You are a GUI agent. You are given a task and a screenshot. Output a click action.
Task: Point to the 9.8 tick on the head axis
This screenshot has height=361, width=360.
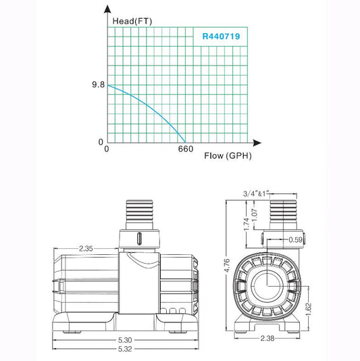coord(98,86)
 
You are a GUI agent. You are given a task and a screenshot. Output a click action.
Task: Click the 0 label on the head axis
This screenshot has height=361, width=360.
coord(100,142)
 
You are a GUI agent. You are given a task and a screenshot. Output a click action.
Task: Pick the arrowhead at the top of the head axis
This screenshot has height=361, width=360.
coord(107,11)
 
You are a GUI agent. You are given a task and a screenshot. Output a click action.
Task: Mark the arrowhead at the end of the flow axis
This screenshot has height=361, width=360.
coord(257,143)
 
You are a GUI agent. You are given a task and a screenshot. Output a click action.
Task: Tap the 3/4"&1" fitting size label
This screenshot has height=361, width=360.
coord(256,193)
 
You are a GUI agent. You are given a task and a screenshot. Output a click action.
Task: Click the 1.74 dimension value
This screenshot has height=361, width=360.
coord(247,224)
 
